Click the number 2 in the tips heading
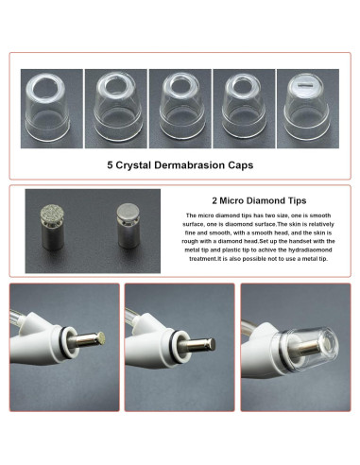213,200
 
